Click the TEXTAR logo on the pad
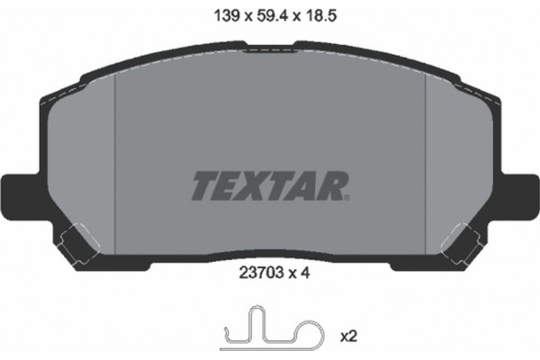pyautogui.click(x=268, y=185)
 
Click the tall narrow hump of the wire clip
pyautogui.click(x=257, y=323)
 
